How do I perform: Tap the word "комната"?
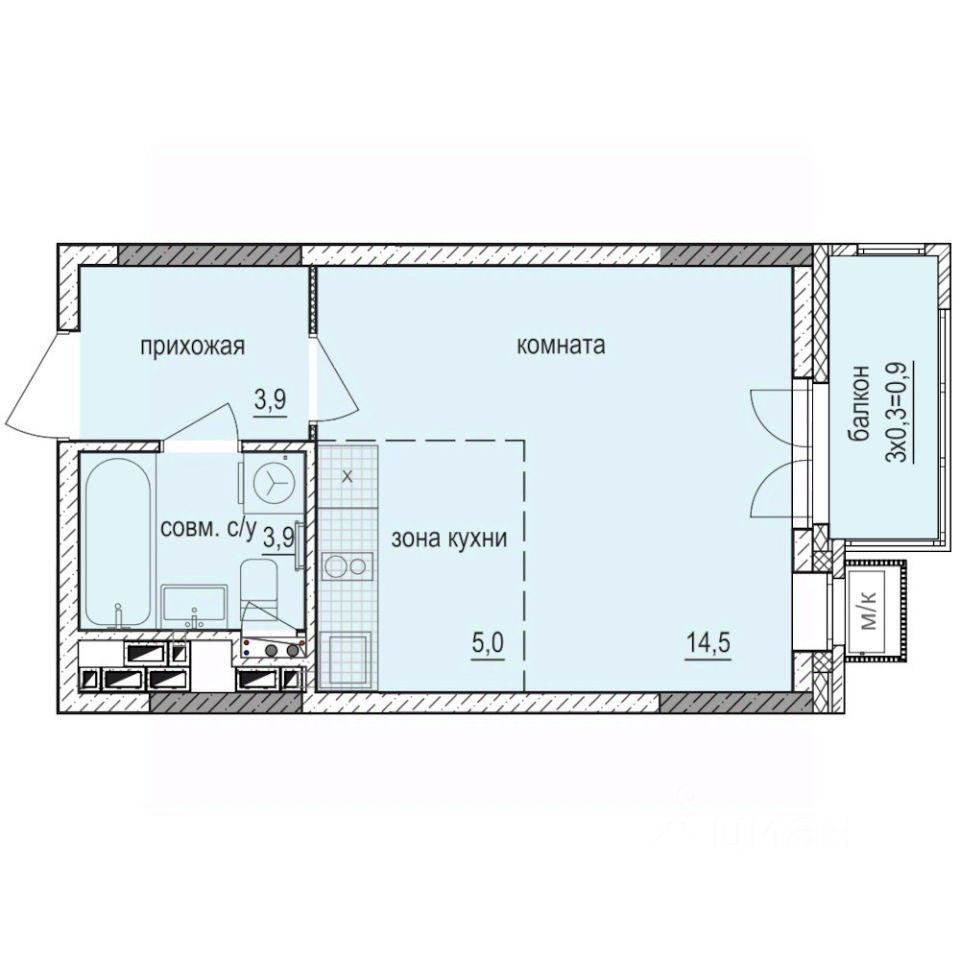[x=561, y=347]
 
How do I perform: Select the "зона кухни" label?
[x=450, y=538]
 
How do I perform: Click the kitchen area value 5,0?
[x=488, y=641]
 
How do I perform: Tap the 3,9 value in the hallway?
[x=270, y=401]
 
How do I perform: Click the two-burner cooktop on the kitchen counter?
[x=346, y=567]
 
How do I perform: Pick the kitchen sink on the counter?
[x=347, y=655]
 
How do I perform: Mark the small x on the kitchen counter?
[x=347, y=476]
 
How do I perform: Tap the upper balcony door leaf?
[x=770, y=410]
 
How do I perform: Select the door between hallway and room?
[x=336, y=385]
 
